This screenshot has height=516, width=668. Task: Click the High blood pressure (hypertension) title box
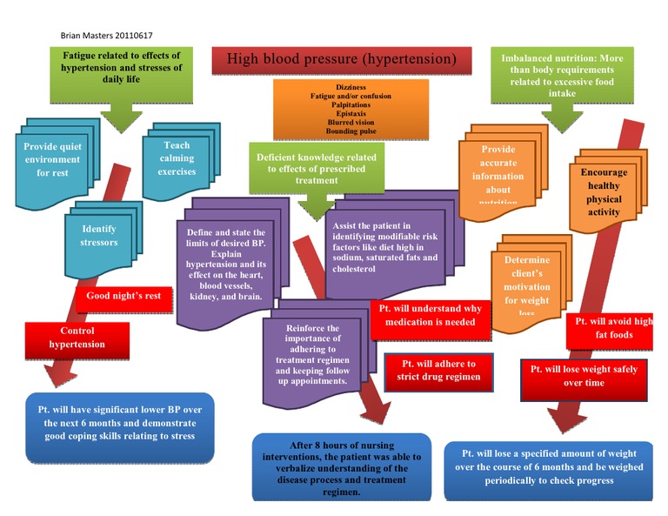coord(342,60)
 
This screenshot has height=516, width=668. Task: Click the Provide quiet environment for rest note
coord(53,159)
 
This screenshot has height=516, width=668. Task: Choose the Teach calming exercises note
coord(177,159)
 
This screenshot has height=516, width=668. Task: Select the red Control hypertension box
coord(77,338)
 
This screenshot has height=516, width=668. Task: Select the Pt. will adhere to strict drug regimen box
coord(438,370)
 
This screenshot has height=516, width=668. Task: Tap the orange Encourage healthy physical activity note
coord(604,192)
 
